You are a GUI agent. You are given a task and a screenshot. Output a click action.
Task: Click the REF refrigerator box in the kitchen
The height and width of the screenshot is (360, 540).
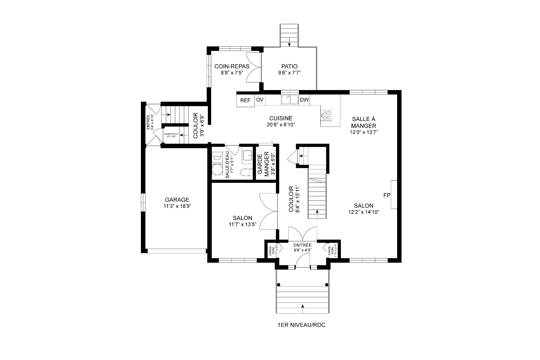point(245,100)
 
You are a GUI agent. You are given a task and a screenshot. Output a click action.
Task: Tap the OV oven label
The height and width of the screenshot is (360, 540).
point(260,100)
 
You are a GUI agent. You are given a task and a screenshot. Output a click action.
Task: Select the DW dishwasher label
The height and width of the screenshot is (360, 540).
point(304,100)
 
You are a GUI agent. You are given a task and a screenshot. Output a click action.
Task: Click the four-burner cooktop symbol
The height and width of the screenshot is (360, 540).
point(326,115)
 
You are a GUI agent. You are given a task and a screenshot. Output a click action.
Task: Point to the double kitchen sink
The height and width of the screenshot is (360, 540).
point(290,100)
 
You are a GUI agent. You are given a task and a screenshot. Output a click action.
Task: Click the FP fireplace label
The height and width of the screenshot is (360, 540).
point(387,195)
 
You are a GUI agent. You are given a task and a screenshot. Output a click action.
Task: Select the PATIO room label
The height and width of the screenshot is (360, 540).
point(289,67)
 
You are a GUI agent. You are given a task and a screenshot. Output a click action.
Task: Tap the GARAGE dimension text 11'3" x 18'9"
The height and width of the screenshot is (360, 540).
point(177,206)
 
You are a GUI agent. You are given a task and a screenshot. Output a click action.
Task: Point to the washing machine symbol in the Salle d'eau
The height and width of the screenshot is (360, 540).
point(217,157)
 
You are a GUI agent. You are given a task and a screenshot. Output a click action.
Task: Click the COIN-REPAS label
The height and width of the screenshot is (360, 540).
point(232,66)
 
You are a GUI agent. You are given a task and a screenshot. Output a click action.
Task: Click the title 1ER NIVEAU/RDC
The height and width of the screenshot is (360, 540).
point(301,325)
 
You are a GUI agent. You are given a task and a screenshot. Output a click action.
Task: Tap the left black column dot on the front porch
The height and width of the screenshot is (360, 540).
point(278,285)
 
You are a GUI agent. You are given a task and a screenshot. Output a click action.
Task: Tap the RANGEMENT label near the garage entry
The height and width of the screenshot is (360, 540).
point(171,134)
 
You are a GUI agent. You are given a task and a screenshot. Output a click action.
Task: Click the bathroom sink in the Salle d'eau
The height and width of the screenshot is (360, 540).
point(247,155)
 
